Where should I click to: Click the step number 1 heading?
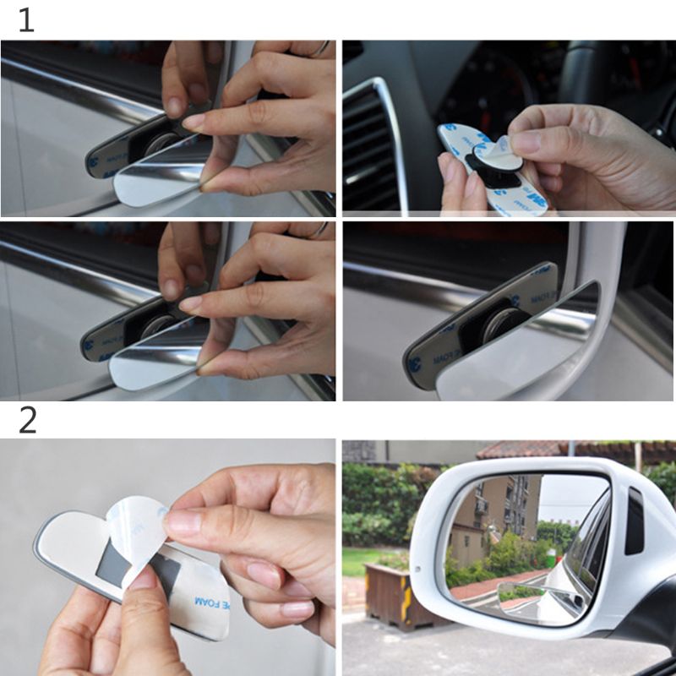pos(26,21)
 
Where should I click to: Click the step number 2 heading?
pos(27,420)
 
